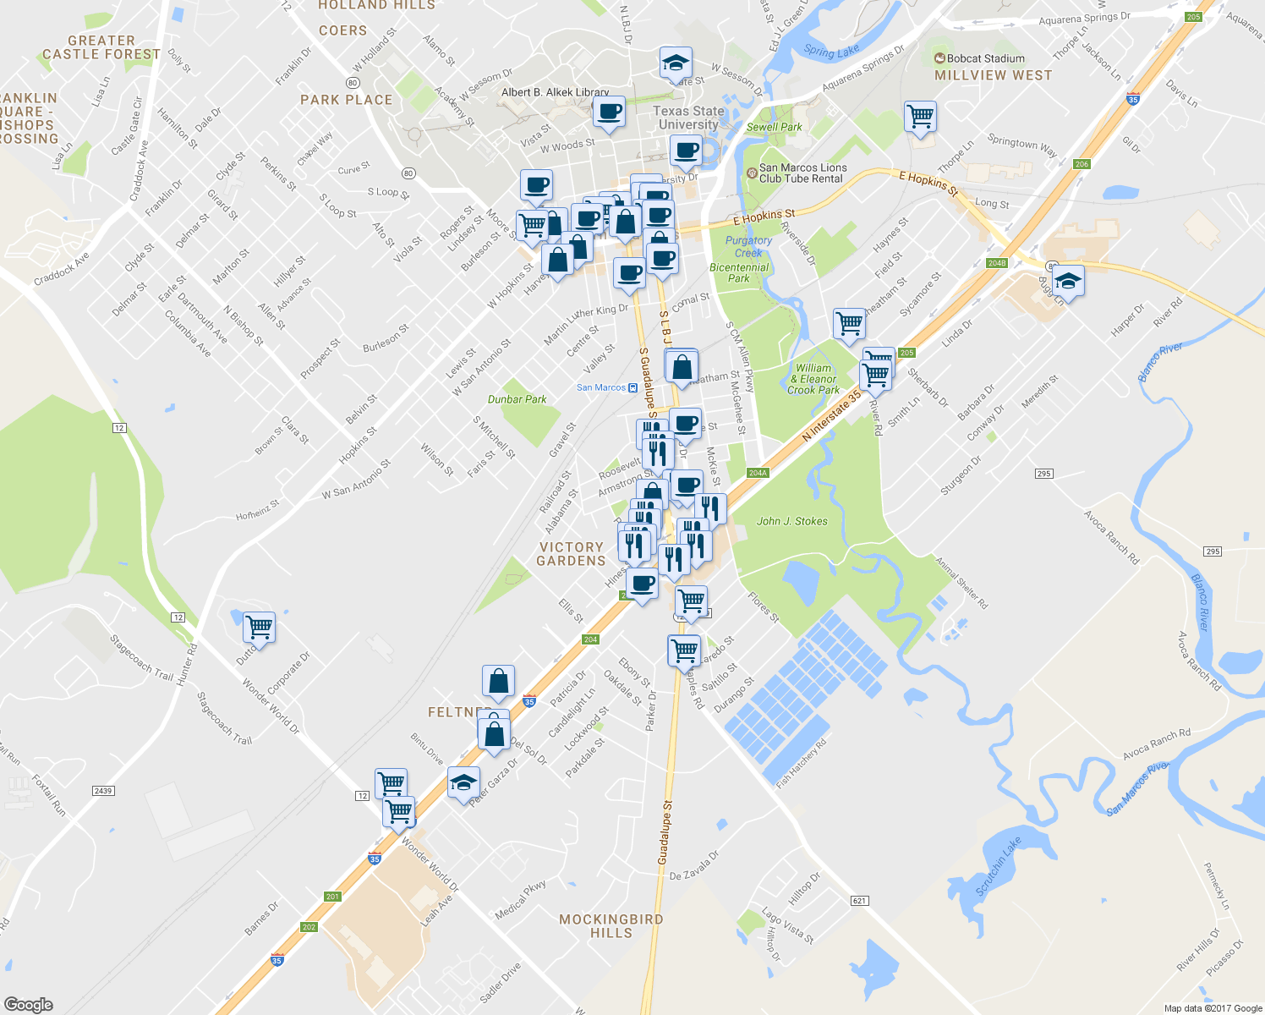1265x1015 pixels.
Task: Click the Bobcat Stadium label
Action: click(979, 58)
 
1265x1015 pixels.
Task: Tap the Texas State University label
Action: click(688, 118)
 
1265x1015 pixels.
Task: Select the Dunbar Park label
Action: click(517, 399)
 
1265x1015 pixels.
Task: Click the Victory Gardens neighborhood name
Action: click(572, 554)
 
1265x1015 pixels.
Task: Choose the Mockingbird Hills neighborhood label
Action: click(611, 926)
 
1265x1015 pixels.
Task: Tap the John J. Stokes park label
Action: click(791, 521)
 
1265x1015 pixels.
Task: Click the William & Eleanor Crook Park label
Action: click(813, 379)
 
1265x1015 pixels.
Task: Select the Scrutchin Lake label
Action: click(999, 865)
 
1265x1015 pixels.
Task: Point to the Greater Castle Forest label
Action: click(101, 47)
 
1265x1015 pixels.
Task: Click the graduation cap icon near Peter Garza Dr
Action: click(463, 783)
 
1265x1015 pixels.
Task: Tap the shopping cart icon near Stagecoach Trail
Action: click(259, 628)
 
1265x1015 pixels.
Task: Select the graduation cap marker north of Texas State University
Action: click(676, 63)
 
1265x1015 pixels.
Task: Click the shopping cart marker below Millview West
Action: click(920, 116)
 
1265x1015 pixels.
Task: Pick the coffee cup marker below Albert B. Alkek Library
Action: click(609, 112)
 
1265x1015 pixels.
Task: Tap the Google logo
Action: click(28, 1004)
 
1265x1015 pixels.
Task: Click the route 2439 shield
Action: click(103, 791)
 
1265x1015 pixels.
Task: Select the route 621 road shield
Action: click(860, 900)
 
